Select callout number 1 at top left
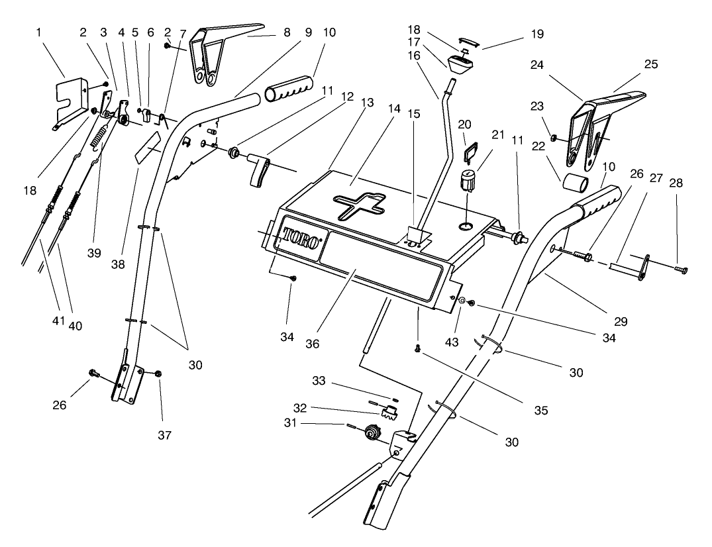tap(39, 31)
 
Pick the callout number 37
tap(164, 435)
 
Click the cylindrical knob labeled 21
tap(468, 179)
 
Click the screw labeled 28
tap(679, 269)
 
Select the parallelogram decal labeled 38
tap(149, 147)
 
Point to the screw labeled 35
tap(418, 347)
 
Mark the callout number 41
tap(58, 321)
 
